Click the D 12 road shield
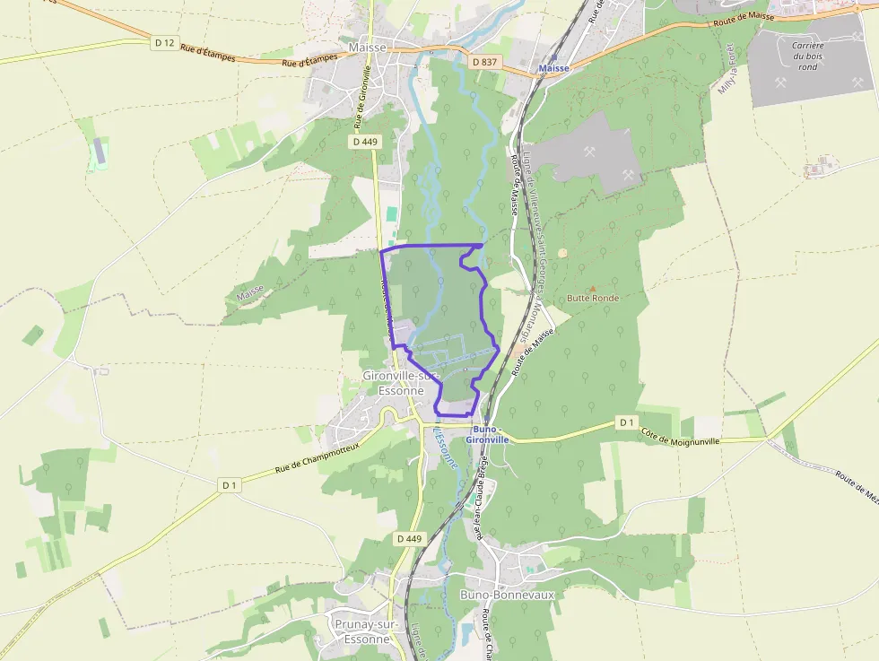coord(164,42)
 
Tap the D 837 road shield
coord(483,62)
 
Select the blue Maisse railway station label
coord(554,68)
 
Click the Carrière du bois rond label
coord(807,56)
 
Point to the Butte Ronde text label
coord(593,298)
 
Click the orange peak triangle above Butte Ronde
coord(592,288)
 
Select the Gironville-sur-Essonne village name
coord(394,383)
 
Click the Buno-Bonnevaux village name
coord(507,595)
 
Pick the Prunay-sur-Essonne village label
coord(362,631)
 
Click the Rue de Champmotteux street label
coord(317,457)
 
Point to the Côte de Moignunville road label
coord(689,436)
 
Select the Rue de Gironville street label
coord(362,94)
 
